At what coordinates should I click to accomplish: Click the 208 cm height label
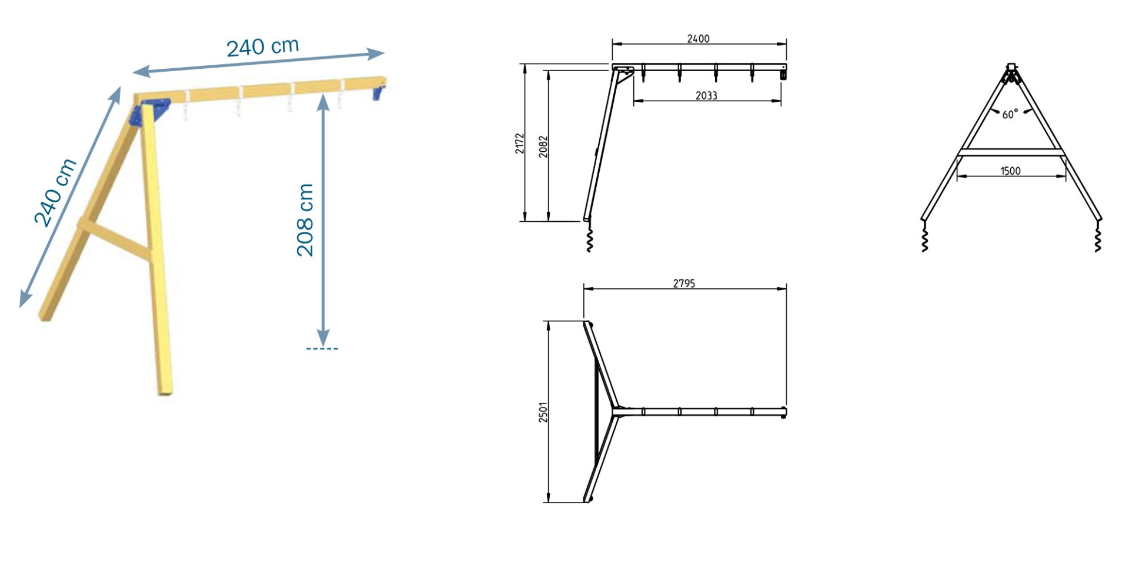pyautogui.click(x=305, y=220)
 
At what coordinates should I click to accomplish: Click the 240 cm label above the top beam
pyautogui.click(x=263, y=46)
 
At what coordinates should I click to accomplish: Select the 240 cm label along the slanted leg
pyautogui.click(x=55, y=192)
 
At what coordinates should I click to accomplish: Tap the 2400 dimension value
pyautogui.click(x=698, y=39)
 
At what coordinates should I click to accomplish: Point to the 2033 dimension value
pyautogui.click(x=706, y=96)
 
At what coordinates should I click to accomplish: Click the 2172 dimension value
pyautogui.click(x=520, y=144)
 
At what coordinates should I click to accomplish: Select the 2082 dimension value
pyautogui.click(x=543, y=146)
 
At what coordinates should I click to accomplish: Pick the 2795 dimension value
pyautogui.click(x=684, y=284)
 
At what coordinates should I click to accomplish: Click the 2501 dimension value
pyautogui.click(x=543, y=412)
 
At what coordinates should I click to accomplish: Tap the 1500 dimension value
pyautogui.click(x=1010, y=171)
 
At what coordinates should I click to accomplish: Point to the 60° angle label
pyautogui.click(x=1010, y=114)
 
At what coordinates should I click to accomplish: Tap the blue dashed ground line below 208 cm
pyautogui.click(x=322, y=349)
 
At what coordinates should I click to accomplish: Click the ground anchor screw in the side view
pyautogui.click(x=590, y=239)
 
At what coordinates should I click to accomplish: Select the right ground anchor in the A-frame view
pyautogui.click(x=1097, y=238)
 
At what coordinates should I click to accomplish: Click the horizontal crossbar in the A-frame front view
pyautogui.click(x=1011, y=153)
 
